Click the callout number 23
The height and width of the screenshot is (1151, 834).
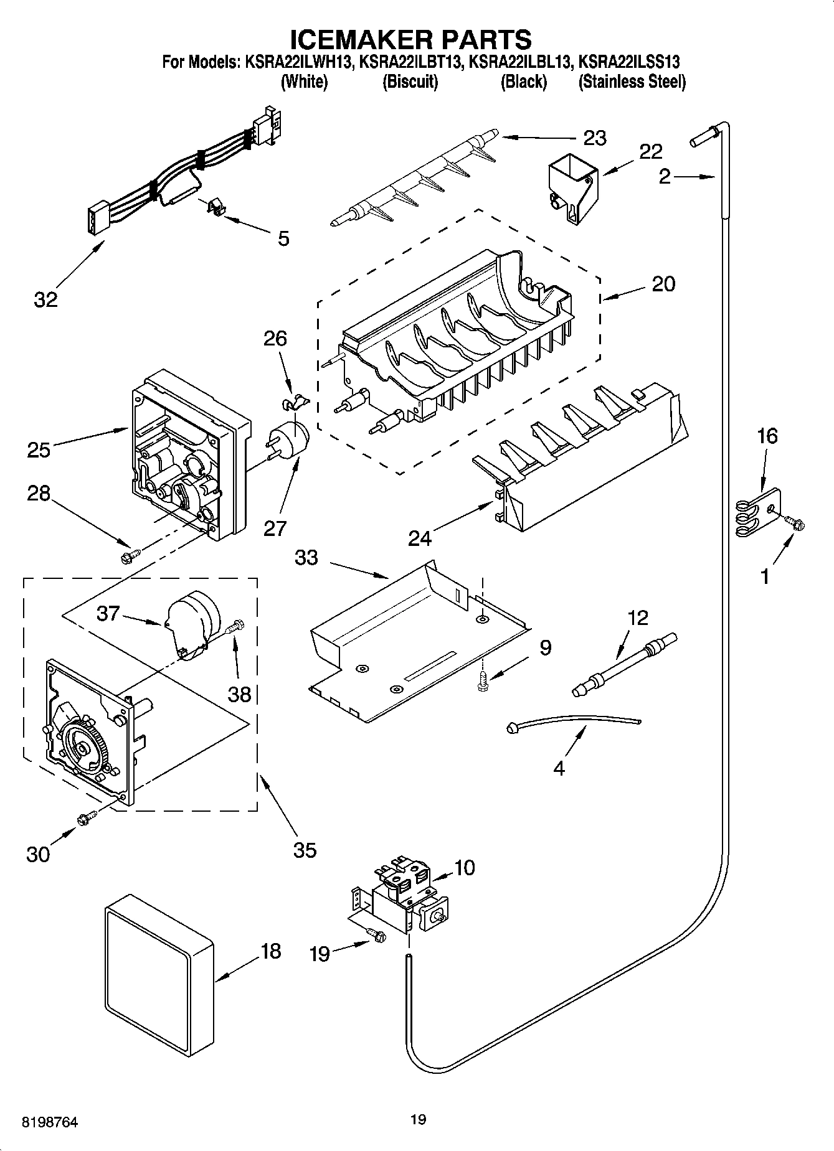(x=594, y=138)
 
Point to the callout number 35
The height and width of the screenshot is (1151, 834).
(x=305, y=850)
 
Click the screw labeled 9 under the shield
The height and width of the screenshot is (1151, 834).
(x=483, y=681)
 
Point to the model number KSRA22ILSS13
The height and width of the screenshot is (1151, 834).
(x=629, y=62)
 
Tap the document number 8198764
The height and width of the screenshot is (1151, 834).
(x=50, y=1122)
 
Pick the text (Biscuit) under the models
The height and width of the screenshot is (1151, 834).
(x=410, y=82)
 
